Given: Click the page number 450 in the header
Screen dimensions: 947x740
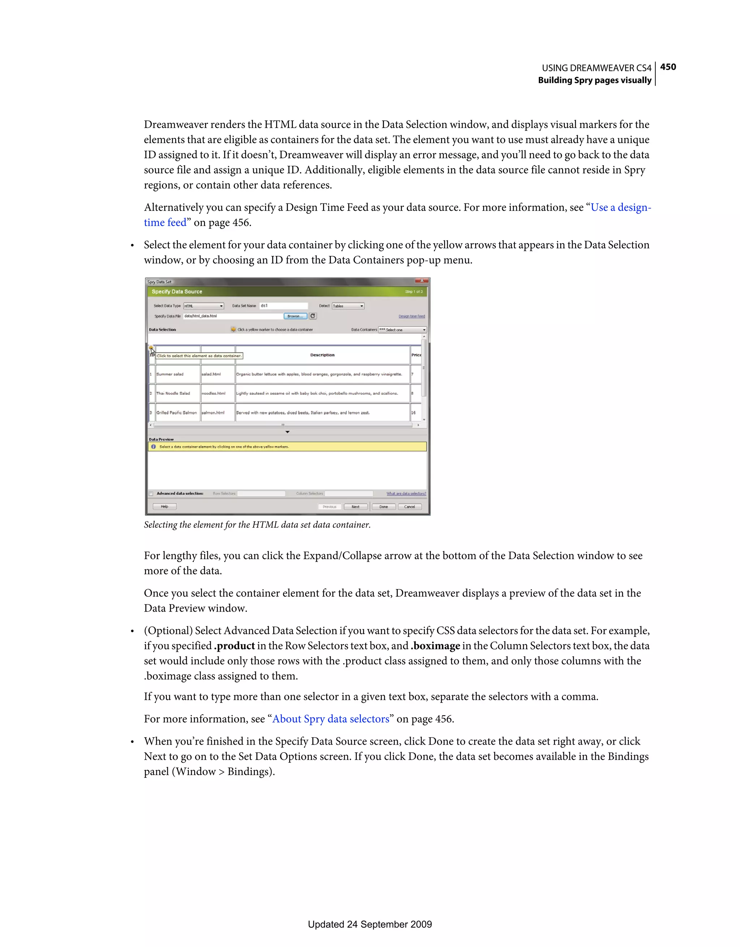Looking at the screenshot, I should tap(668, 67).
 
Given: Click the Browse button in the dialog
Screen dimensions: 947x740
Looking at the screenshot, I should tap(295, 316).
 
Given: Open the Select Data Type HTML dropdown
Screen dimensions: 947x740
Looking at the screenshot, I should tap(203, 306).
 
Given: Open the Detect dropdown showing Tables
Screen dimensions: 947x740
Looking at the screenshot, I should tap(348, 306).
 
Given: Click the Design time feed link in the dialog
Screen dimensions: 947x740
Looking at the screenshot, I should tap(412, 317).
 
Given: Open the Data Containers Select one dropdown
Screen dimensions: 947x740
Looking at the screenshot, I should tap(402, 330).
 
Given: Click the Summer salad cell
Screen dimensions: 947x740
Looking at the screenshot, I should tap(170, 374).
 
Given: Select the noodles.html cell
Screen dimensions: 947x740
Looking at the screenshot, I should tap(213, 393).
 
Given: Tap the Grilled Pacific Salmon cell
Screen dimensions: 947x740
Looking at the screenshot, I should tap(176, 413).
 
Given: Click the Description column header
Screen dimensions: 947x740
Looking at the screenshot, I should tap(322, 355).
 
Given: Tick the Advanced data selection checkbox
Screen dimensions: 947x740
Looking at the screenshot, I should tap(151, 493).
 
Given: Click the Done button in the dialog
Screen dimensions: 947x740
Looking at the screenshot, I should tap(384, 507).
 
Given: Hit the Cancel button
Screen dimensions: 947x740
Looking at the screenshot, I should tap(410, 507).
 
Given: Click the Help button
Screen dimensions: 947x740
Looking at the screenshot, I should tap(165, 506).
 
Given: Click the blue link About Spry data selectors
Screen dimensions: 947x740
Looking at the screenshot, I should tap(330, 719).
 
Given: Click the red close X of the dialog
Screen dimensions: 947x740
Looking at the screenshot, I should tap(421, 281).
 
